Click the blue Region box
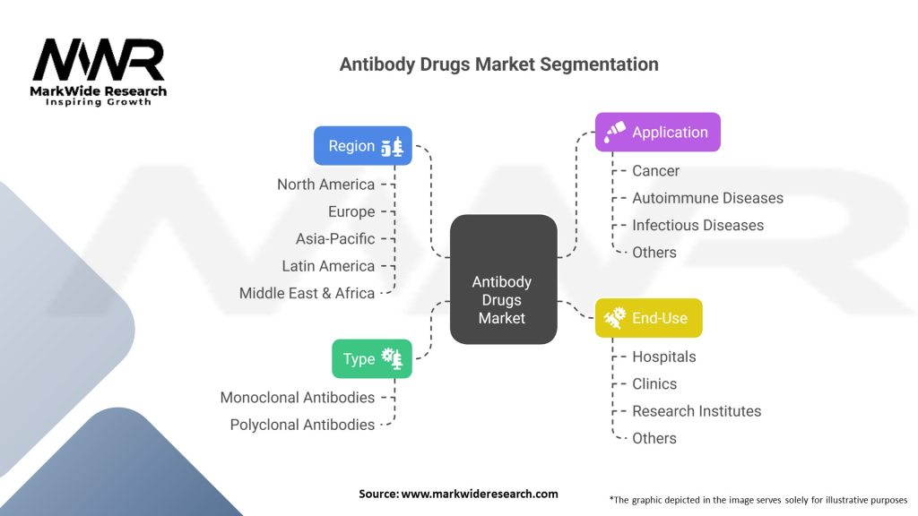[362, 146]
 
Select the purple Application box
[657, 133]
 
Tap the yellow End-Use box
[648, 318]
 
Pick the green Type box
[371, 358]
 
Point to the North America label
[325, 185]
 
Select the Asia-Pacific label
[335, 239]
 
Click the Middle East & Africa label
[307, 293]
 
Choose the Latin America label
[328, 266]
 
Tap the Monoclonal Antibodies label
[298, 397]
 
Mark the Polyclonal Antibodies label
[302, 425]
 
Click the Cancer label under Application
[655, 171]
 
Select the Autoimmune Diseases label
[707, 198]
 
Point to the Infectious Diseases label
[697, 225]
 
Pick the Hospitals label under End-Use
[663, 357]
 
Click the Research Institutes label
[697, 411]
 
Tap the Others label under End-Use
[654, 438]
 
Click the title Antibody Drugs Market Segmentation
[498, 64]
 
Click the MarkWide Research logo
[99, 72]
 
